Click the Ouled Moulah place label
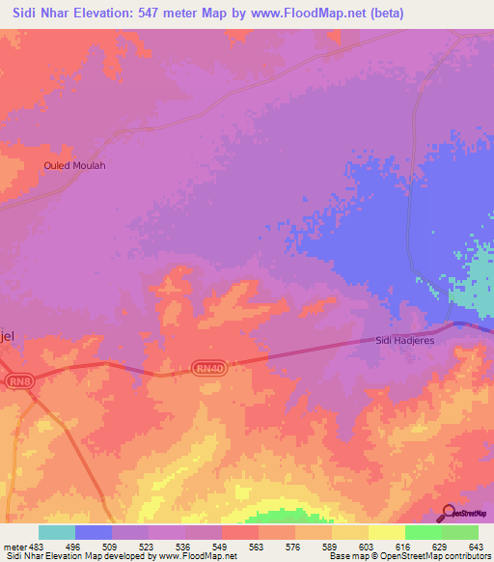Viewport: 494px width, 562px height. coord(74,165)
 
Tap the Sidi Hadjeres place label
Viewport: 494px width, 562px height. coord(406,341)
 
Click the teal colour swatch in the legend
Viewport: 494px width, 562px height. coord(57,532)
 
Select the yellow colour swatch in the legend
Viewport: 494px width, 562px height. coord(386,532)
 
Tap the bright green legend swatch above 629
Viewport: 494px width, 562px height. coord(423,532)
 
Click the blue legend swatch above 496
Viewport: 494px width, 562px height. coord(94,532)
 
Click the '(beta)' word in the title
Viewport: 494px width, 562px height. coord(384,14)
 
